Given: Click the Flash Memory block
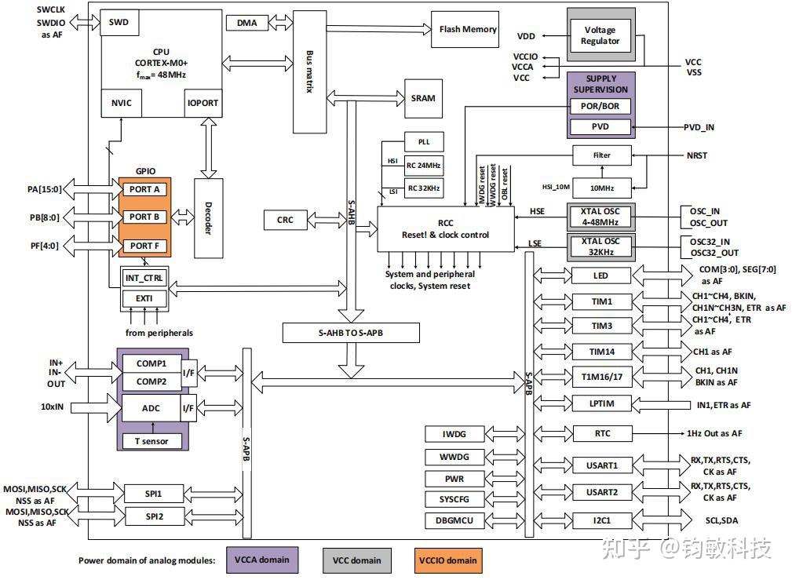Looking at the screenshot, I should pos(468,30).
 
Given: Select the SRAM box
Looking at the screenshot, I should pos(422,98).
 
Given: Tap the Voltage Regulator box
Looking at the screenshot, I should pos(600,36).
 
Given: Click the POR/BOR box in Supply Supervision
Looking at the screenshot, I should pos(600,105).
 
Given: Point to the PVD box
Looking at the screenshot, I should pos(600,127).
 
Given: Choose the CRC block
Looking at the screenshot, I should pos(286,221).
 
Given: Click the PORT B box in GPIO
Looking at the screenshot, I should pos(144,217).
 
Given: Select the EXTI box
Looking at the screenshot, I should pos(144,299).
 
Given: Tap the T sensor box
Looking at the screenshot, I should pos(151,441).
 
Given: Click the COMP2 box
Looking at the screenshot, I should pos(151,381).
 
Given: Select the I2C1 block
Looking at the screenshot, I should pos(601,520).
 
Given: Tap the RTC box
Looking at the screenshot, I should pos(601,433).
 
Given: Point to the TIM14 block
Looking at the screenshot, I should pos(601,352).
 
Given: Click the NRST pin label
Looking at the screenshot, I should pos(695,155).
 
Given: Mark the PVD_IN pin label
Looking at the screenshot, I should pos(699,127).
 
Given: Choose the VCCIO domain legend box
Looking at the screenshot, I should pos(447,560).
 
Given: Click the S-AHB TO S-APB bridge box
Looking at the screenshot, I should pos(351,333).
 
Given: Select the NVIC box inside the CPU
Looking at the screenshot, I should pos(122,103).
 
